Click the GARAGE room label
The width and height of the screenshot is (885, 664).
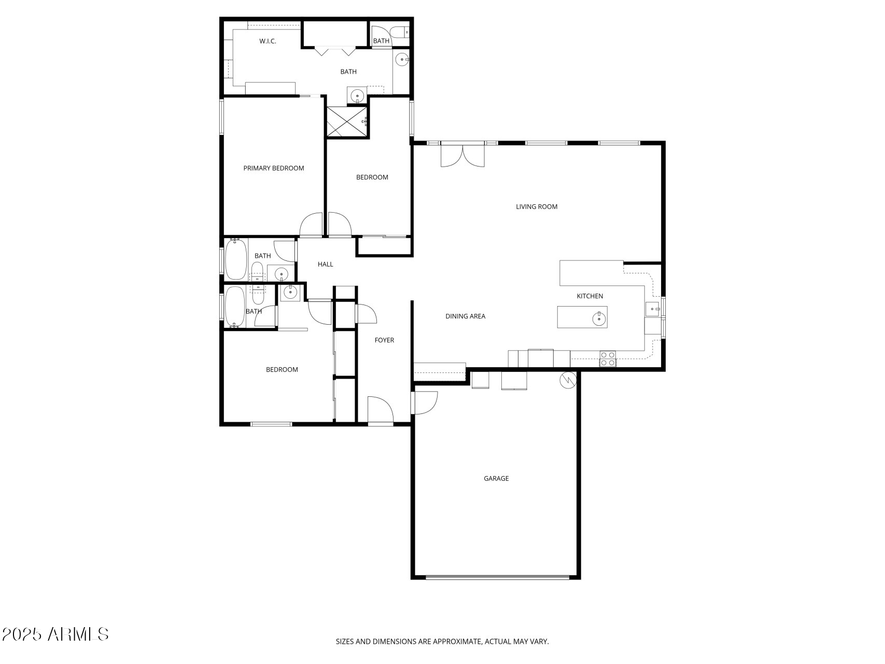coord(496,478)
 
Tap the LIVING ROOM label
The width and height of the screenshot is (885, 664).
coord(537,206)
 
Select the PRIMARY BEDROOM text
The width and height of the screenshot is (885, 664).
coord(274,168)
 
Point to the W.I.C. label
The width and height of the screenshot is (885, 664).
coord(268,41)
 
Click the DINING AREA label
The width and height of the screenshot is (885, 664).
coord(465,316)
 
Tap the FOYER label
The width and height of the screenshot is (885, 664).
coord(384,340)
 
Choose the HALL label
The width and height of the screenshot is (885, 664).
coord(325,264)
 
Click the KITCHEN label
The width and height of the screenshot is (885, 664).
coord(590,296)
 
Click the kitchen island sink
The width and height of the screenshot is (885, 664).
coord(599,317)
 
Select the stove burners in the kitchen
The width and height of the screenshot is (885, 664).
coord(608,359)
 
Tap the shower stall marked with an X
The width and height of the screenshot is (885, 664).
coord(347,122)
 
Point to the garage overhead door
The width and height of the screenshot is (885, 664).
coord(497,577)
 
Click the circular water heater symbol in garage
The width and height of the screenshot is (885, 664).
coord(568,380)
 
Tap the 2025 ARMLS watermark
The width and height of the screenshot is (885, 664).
coord(55,634)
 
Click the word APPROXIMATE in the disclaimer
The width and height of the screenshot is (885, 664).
coord(457,642)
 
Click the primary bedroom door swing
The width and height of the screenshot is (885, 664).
coord(312,225)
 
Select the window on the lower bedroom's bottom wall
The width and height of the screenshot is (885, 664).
coord(271,424)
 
